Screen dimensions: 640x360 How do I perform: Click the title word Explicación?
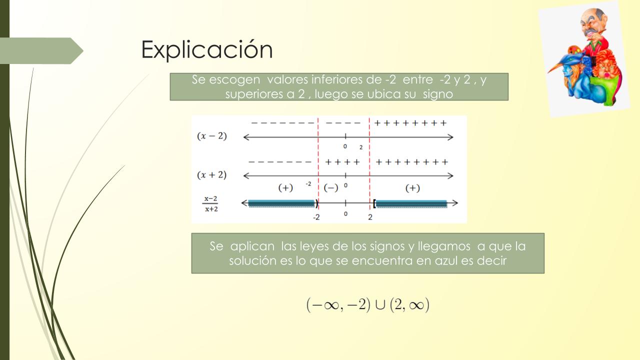coord(207,49)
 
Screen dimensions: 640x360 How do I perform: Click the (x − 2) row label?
coord(211,136)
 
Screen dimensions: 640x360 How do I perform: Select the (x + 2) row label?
coord(211,175)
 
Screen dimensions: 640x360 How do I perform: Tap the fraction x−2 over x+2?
coord(211,203)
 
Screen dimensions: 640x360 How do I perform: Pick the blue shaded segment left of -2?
coord(281,203)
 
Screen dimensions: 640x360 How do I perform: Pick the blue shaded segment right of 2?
coord(411,203)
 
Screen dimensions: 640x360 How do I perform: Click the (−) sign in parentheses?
coord(331,188)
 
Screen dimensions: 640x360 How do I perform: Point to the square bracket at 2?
coord(374,203)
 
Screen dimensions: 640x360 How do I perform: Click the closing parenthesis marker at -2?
coord(316,203)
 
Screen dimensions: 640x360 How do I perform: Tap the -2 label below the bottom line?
coord(316,217)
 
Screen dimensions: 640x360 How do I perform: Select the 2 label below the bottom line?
coord(370,217)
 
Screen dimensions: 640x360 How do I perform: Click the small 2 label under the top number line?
coord(361,147)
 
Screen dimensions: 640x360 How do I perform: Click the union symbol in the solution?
coord(380,305)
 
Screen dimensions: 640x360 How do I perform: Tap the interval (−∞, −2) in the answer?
coord(338,305)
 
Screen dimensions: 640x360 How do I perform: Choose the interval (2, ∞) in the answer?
coord(409,305)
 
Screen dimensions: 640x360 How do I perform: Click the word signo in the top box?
coord(438,94)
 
